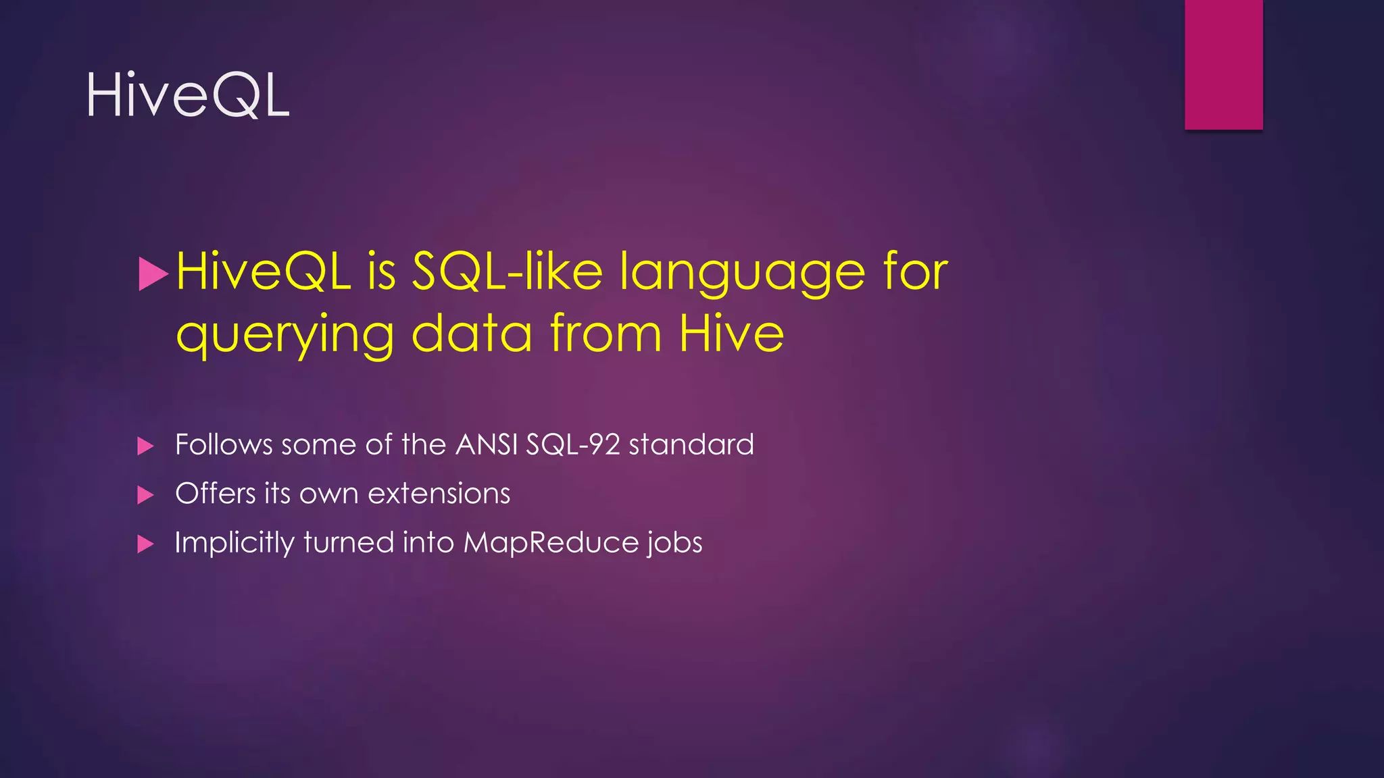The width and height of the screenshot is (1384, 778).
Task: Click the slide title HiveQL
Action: point(188,96)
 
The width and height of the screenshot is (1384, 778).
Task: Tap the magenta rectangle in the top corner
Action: point(1223,64)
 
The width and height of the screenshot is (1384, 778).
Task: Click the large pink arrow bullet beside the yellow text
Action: point(152,274)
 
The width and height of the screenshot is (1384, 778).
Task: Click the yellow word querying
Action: point(285,334)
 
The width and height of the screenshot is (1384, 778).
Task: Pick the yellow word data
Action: point(472,333)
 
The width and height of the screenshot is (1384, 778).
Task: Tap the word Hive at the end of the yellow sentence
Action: point(731,333)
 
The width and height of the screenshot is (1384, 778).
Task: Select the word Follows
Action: point(224,444)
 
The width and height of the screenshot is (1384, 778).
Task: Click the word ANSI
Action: point(487,444)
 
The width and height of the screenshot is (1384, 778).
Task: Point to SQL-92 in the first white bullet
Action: point(573,444)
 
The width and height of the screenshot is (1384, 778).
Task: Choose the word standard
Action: point(691,444)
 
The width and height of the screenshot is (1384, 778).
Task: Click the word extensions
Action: point(439,494)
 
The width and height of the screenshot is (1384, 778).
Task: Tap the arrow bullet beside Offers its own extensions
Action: point(145,495)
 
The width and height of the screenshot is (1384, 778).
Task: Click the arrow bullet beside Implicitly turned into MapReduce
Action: point(145,544)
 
